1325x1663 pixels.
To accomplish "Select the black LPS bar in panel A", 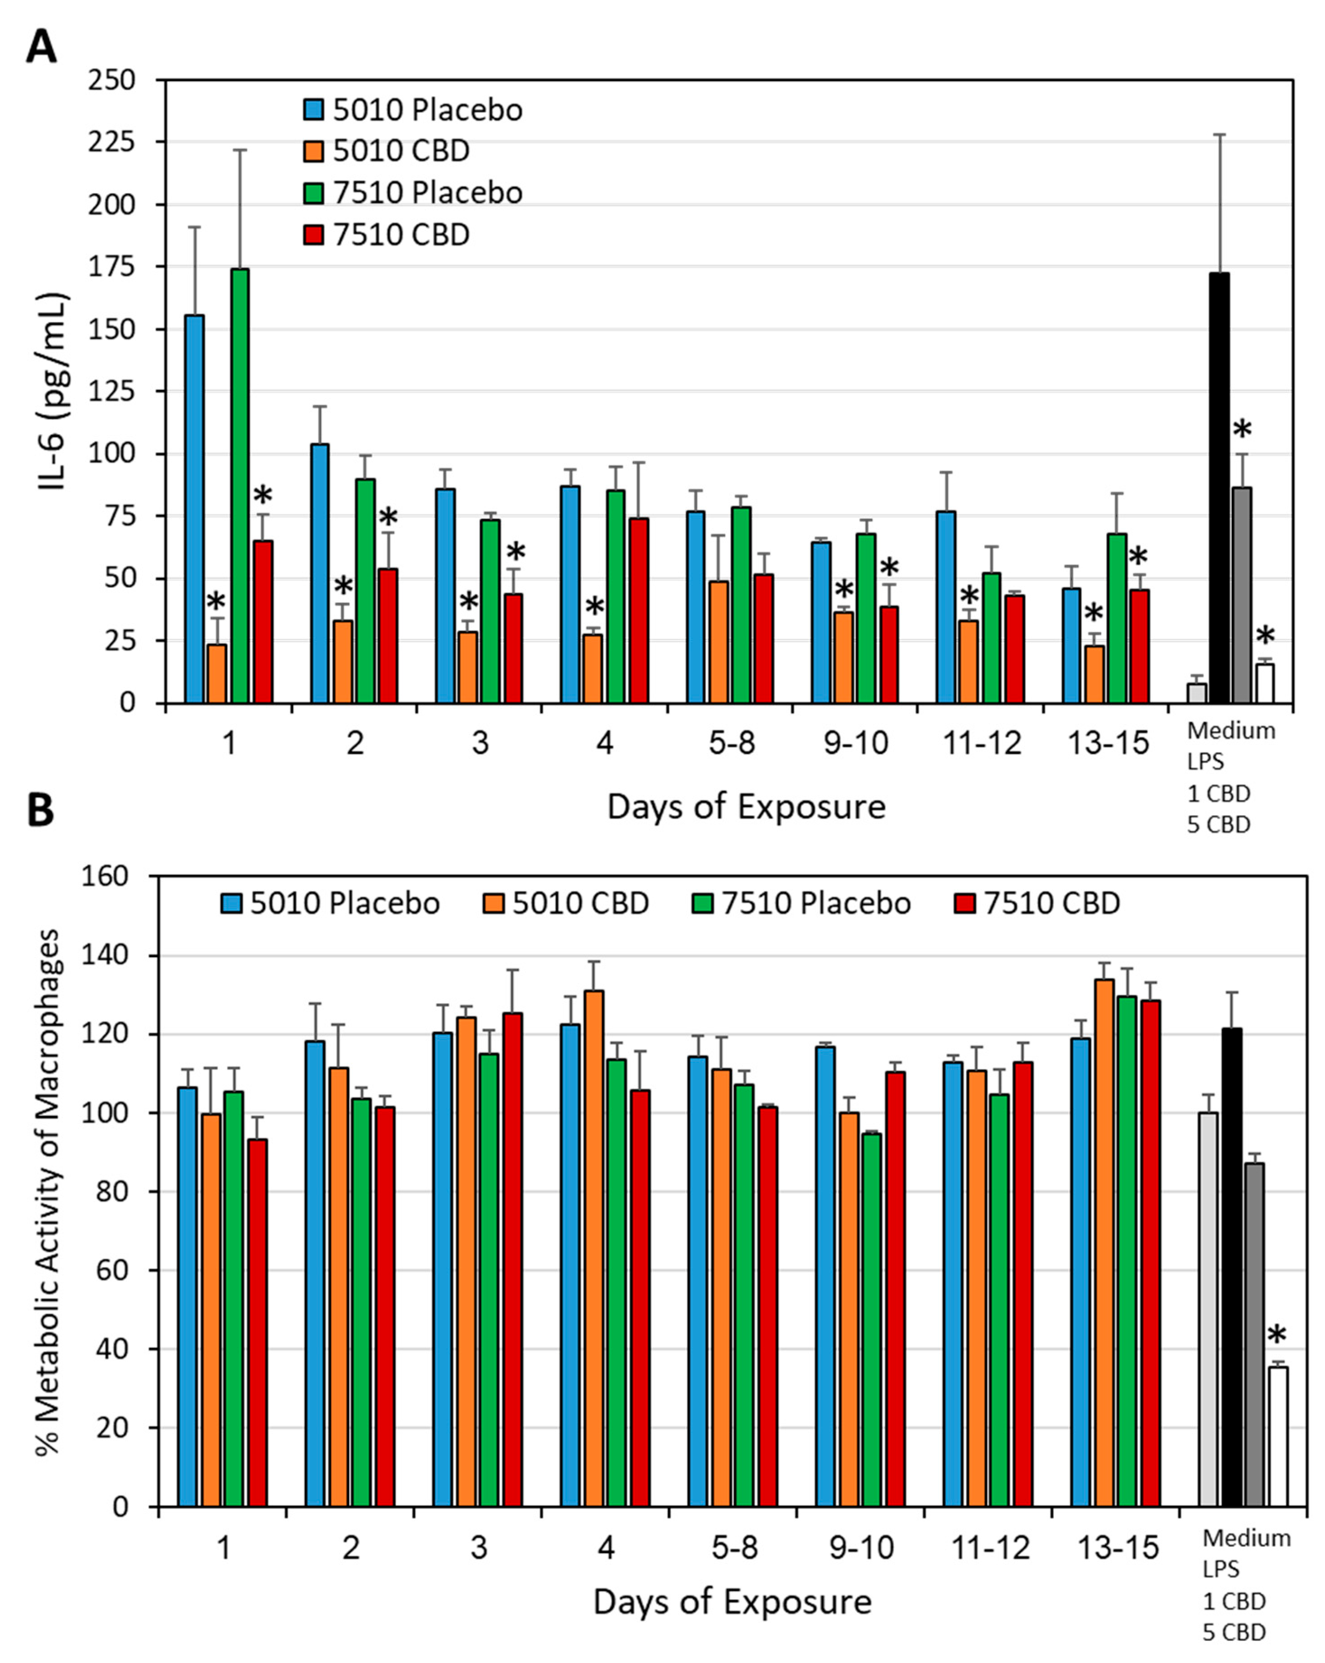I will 1219,487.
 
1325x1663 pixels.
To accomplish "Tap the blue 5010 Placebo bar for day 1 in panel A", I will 194,509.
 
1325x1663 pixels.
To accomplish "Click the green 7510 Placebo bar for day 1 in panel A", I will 240,486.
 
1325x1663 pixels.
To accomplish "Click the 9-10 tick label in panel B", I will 861,1547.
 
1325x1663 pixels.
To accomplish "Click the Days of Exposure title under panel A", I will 746,807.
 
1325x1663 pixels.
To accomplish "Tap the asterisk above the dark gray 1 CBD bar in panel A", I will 1241,430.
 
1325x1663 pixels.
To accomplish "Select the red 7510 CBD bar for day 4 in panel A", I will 638,610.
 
